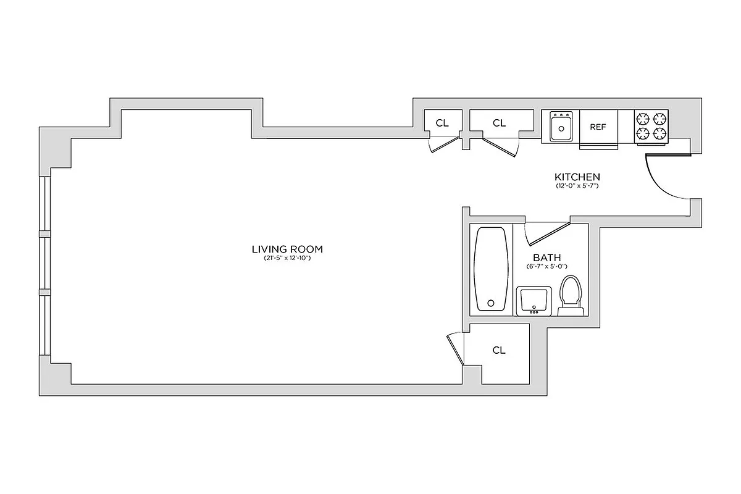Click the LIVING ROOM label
pyautogui.click(x=288, y=249)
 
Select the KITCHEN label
pyautogui.click(x=577, y=177)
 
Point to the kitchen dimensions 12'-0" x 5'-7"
pyautogui.click(x=577, y=185)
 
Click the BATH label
pyautogui.click(x=547, y=257)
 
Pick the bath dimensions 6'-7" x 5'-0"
pyautogui.click(x=547, y=267)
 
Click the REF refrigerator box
pyautogui.click(x=598, y=127)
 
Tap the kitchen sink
pyautogui.click(x=561, y=127)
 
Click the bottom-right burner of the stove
pyautogui.click(x=660, y=134)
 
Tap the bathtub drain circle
pyautogui.click(x=491, y=303)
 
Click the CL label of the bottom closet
pyautogui.click(x=499, y=350)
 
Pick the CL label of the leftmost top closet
pyautogui.click(x=442, y=123)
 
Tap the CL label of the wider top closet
pyautogui.click(x=499, y=123)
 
